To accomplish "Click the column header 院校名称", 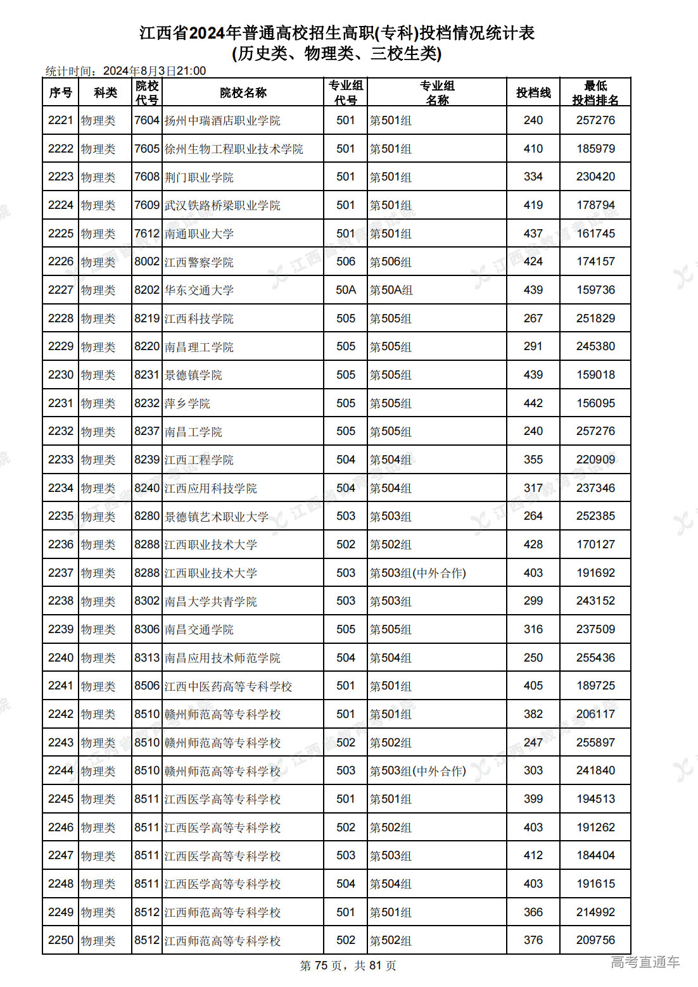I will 243,93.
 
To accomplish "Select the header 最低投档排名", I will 595,93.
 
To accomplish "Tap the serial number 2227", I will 61,290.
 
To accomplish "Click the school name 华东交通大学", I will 199,291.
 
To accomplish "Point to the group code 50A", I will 346,290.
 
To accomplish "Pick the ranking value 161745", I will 595,234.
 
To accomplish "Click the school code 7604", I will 147,120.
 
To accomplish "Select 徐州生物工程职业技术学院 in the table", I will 234,149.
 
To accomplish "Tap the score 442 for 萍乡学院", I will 533,403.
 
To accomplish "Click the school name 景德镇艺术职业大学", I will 217,517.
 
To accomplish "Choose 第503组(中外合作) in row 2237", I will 418,573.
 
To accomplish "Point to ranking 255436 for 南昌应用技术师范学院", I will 595,658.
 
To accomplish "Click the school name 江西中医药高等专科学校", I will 228,686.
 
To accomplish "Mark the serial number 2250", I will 61,940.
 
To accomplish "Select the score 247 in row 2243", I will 533,743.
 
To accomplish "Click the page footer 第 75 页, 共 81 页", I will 348,965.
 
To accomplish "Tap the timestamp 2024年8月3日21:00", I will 155,71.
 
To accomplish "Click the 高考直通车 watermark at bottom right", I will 645,962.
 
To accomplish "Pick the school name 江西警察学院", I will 199,262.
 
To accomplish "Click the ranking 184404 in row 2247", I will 595,855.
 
